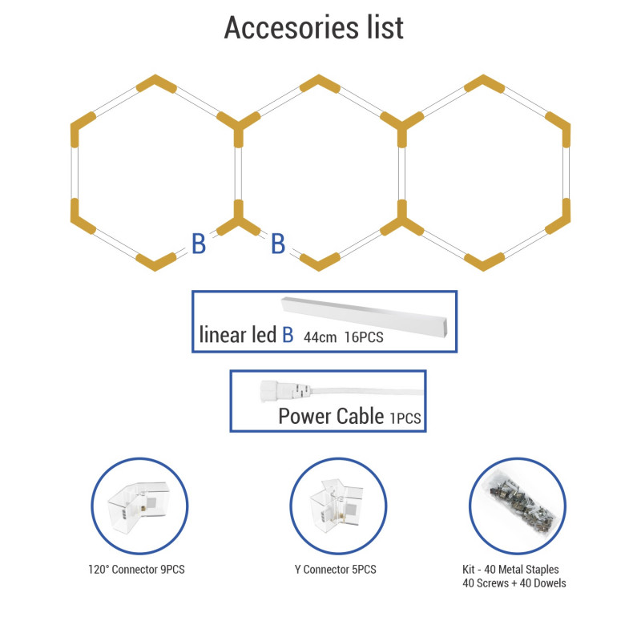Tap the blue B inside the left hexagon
199,244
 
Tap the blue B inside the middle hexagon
278,244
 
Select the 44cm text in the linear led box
320,337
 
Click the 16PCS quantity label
364,337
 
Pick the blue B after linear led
288,335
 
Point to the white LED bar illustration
365,316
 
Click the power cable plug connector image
285,390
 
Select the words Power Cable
331,416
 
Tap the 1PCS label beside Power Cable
405,418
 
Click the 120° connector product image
139,506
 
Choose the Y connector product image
337,506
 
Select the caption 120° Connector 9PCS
136,570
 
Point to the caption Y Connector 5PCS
335,570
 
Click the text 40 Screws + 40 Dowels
514,583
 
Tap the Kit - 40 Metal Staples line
510,570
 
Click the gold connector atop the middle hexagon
319,83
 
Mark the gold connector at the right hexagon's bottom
484,262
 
